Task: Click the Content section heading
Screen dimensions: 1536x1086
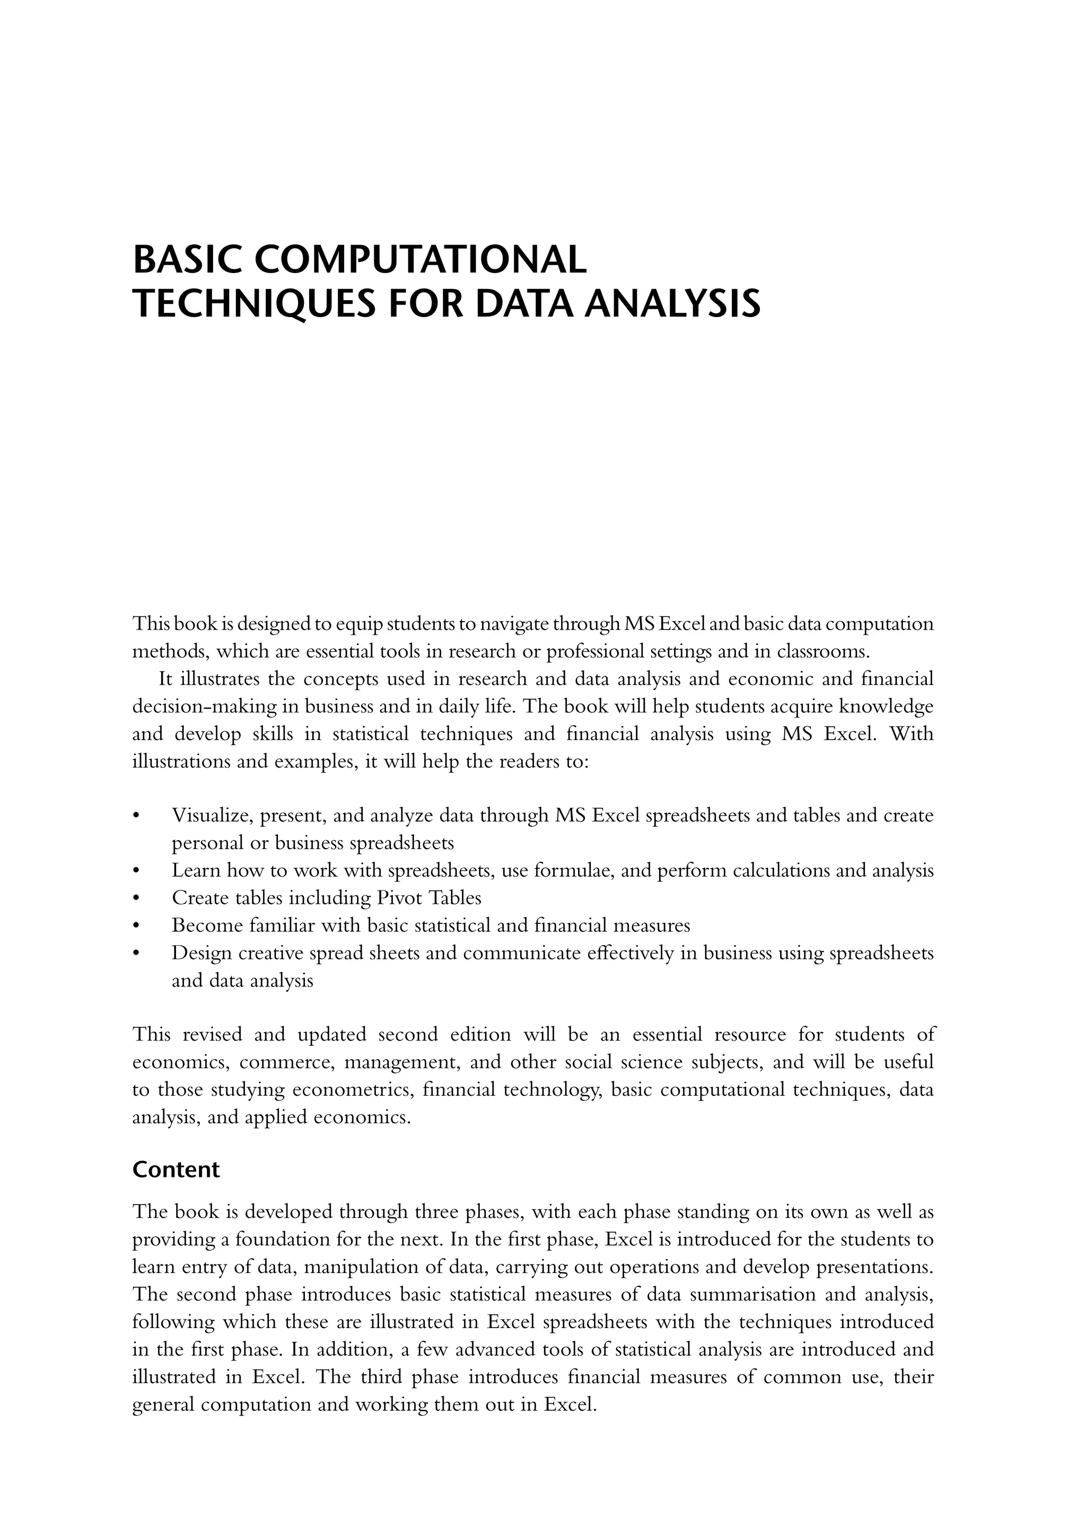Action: point(176,1170)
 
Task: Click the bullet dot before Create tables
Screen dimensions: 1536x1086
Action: point(136,898)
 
